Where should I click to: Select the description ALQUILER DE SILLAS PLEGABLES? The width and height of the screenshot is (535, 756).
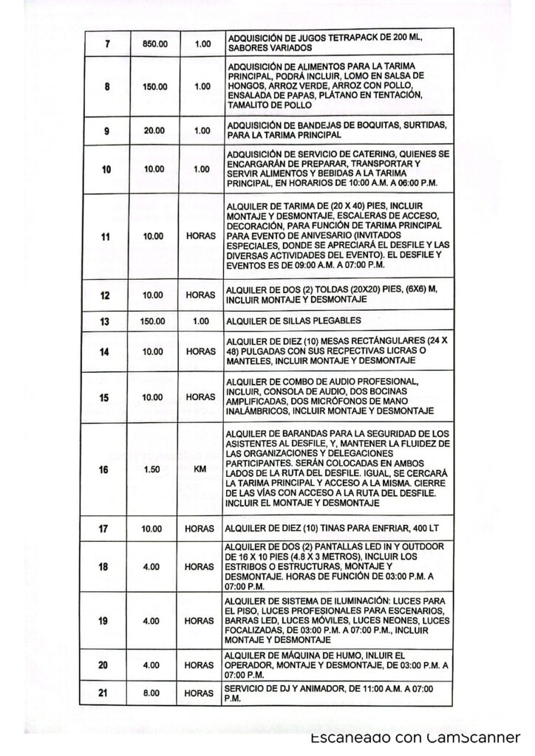pyautogui.click(x=296, y=321)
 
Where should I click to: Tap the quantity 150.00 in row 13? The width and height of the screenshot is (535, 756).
pyautogui.click(x=154, y=321)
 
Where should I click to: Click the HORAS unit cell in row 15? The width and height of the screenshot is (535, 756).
pyautogui.click(x=200, y=397)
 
